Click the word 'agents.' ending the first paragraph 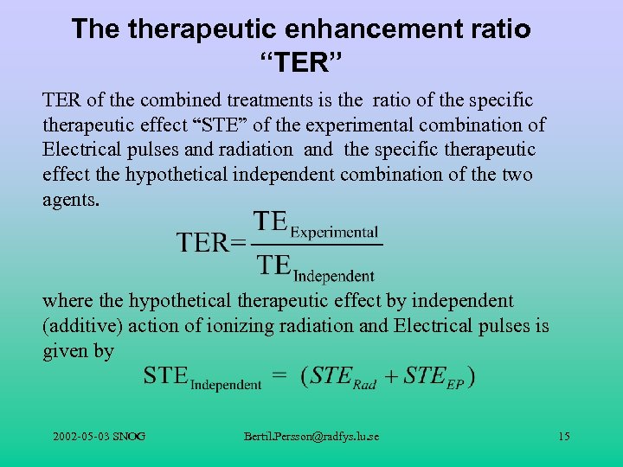71,200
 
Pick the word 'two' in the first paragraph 517,175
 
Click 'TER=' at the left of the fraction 211,242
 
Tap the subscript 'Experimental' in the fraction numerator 334,232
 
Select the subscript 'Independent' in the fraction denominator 334,277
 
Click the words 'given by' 78,351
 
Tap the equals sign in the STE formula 280,376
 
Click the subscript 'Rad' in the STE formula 364,384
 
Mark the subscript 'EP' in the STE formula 456,384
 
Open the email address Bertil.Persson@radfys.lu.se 311,436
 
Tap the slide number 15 563,436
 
